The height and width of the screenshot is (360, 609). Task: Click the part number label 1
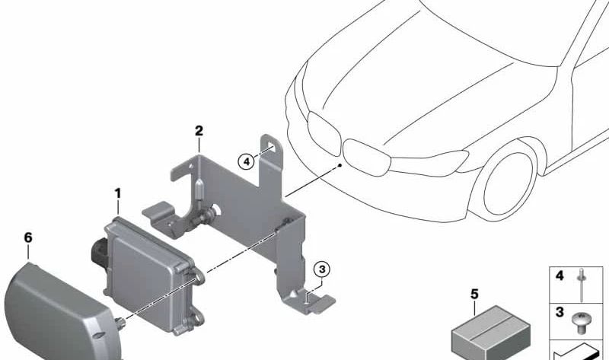pos(118,195)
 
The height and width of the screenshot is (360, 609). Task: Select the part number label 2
pos(199,131)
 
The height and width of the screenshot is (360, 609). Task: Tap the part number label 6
pos(28,238)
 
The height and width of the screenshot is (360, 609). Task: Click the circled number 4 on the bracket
pos(244,161)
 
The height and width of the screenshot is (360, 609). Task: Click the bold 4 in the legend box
pos(560,276)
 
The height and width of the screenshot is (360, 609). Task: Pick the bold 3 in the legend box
pos(560,313)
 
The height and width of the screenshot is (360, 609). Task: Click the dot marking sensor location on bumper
pos(340,164)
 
